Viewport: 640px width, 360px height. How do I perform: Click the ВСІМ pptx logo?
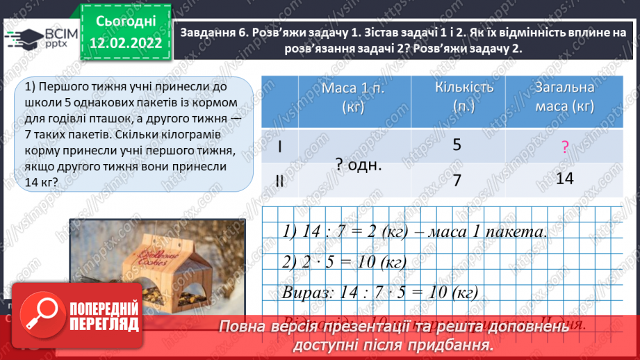(x=42, y=39)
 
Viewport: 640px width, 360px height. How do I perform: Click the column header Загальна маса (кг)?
(x=564, y=97)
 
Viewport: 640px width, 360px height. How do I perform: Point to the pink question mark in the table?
(x=565, y=147)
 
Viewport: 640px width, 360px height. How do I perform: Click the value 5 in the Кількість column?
(x=457, y=145)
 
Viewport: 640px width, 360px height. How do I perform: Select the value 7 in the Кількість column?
(x=457, y=180)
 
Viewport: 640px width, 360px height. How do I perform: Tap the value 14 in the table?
(x=565, y=179)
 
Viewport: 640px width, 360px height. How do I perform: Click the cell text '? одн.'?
(x=359, y=165)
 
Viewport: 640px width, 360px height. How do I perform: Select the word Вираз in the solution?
(x=303, y=293)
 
